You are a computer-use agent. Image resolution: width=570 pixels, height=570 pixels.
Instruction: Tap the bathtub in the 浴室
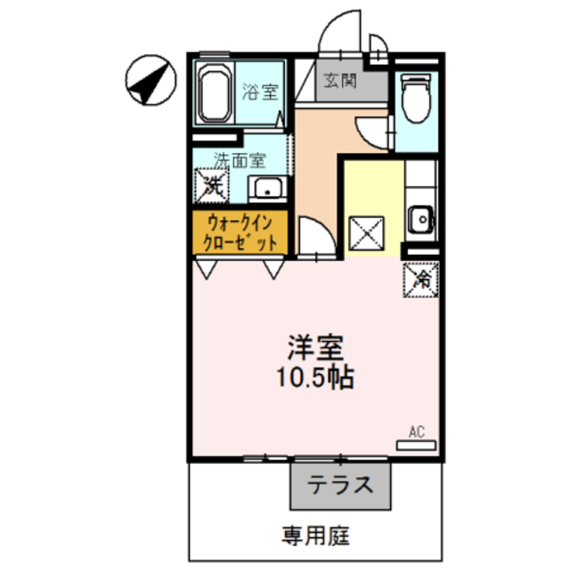214,94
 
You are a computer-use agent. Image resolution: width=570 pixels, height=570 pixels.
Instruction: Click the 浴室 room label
260,91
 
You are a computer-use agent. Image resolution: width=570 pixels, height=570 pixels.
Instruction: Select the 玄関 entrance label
340,81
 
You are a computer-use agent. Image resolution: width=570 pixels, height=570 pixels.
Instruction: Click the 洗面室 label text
239,161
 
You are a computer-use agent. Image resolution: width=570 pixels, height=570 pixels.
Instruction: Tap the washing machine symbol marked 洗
212,185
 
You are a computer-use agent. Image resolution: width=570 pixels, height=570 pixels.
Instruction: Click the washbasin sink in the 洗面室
266,188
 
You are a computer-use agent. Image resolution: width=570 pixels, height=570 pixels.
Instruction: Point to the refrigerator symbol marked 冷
421,279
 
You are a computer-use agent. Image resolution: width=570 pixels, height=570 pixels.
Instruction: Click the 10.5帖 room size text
314,377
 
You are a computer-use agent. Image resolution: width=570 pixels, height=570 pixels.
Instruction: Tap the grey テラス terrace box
339,486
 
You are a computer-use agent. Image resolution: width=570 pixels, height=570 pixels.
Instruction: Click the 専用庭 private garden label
316,536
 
